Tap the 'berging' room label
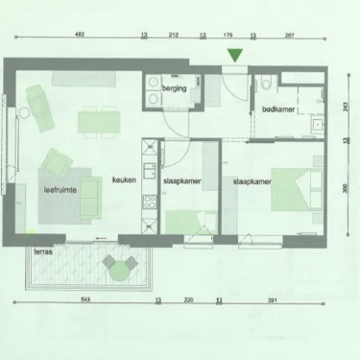(x=174, y=89)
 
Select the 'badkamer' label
(x=277, y=109)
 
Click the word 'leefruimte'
(x=60, y=191)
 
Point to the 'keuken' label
(x=123, y=180)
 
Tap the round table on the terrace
(x=119, y=272)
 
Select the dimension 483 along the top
(x=80, y=36)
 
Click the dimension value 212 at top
(x=173, y=36)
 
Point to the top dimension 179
(x=228, y=36)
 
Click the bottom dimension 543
(x=84, y=301)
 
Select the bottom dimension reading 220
(x=188, y=301)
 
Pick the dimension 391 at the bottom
(x=272, y=301)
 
